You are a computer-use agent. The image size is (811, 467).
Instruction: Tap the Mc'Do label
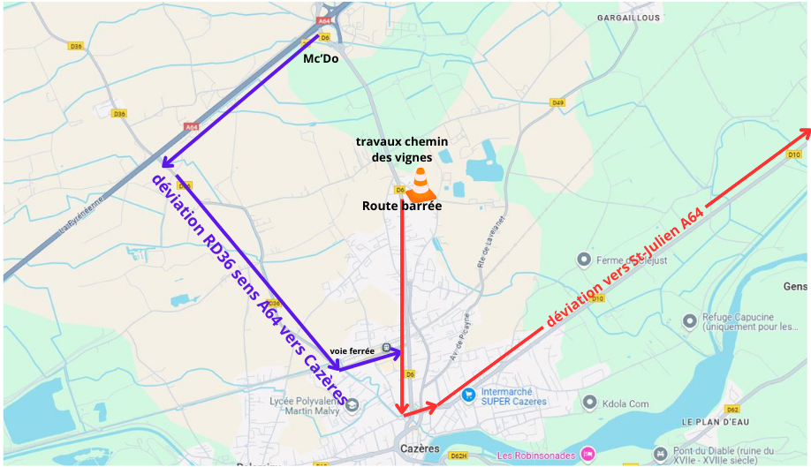pos(321,59)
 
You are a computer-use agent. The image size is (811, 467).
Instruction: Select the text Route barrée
pos(402,206)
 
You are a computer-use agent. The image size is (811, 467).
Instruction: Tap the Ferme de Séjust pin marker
pos(583,259)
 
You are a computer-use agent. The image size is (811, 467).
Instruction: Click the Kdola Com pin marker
pos(590,403)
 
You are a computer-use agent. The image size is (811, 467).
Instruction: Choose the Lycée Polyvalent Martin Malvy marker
pos(352,405)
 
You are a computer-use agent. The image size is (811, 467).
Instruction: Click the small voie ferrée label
pos(352,350)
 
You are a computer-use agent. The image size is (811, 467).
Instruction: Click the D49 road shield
pos(557,102)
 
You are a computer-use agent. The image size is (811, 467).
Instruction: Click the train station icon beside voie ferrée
pos(386,348)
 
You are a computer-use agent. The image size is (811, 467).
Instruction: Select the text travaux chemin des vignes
pos(402,149)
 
